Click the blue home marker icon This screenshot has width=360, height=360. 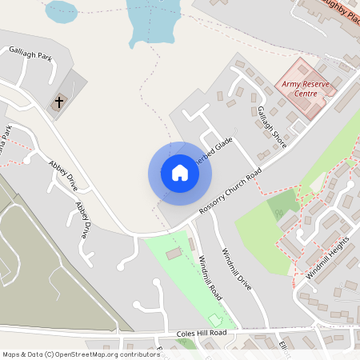pos(179,173)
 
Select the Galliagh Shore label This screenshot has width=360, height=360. pos(271,127)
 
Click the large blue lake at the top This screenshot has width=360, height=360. pos(150,20)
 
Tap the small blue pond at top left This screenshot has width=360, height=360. pos(62,10)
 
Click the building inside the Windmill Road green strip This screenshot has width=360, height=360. pos(173,254)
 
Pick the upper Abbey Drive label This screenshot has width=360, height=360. pos(63,175)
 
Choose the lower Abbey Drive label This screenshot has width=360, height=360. pos(82,220)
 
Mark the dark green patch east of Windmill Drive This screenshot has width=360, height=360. pos(282,206)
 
